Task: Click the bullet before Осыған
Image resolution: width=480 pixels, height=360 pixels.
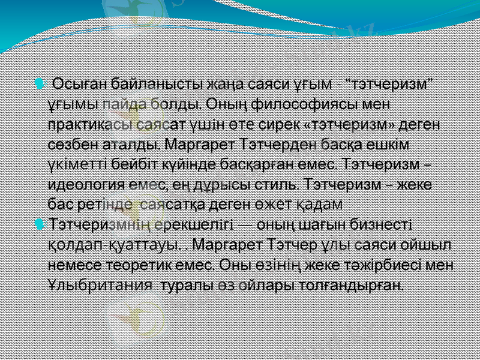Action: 40,82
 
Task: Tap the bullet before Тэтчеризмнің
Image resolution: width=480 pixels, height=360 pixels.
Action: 40,224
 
